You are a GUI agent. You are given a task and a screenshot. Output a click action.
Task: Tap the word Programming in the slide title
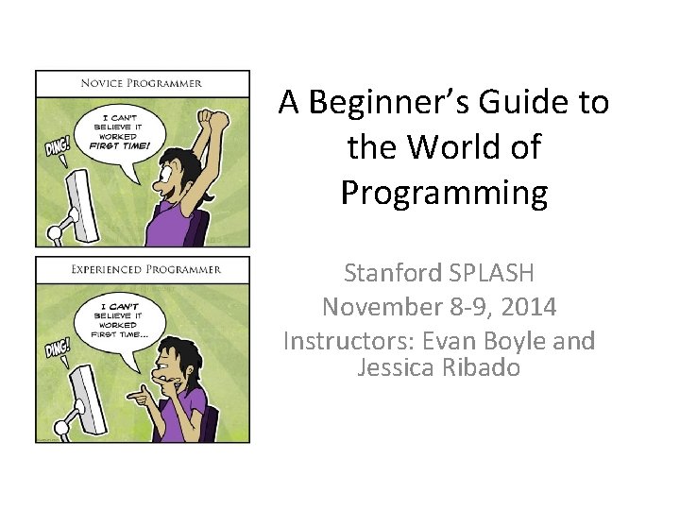tap(444, 193)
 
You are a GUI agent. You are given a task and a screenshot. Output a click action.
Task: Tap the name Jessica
tap(398, 367)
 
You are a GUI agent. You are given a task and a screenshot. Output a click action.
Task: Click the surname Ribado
tap(481, 367)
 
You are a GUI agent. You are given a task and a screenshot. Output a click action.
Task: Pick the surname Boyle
tap(517, 341)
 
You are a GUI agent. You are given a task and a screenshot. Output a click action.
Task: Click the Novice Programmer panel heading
tap(143, 83)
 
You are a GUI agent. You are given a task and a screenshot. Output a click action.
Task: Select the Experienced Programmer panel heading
tap(143, 269)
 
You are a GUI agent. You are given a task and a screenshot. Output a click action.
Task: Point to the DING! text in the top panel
tap(58, 148)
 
